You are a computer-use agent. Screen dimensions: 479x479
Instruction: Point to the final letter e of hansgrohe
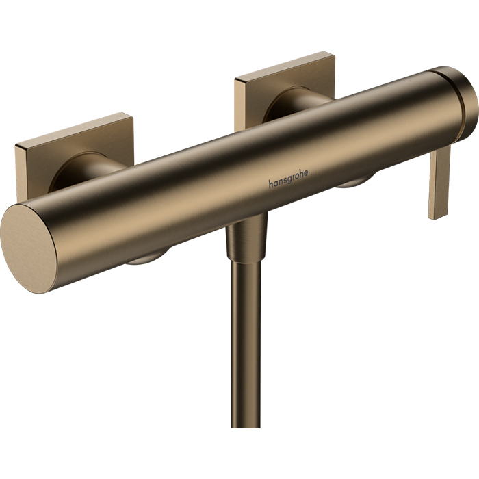[306, 172]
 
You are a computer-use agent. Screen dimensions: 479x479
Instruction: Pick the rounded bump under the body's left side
[146, 257]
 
